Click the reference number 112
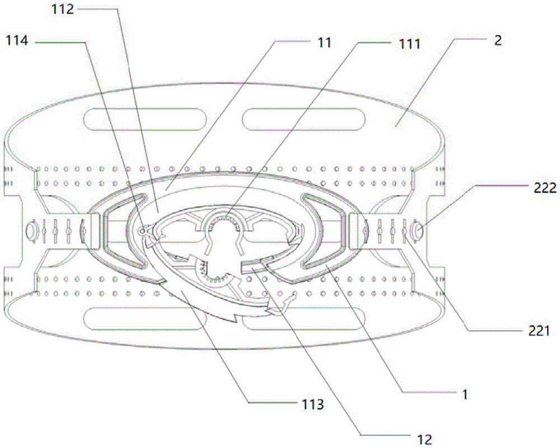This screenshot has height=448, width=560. (77, 10)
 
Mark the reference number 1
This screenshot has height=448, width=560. (464, 394)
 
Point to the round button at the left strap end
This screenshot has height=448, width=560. (31, 230)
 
